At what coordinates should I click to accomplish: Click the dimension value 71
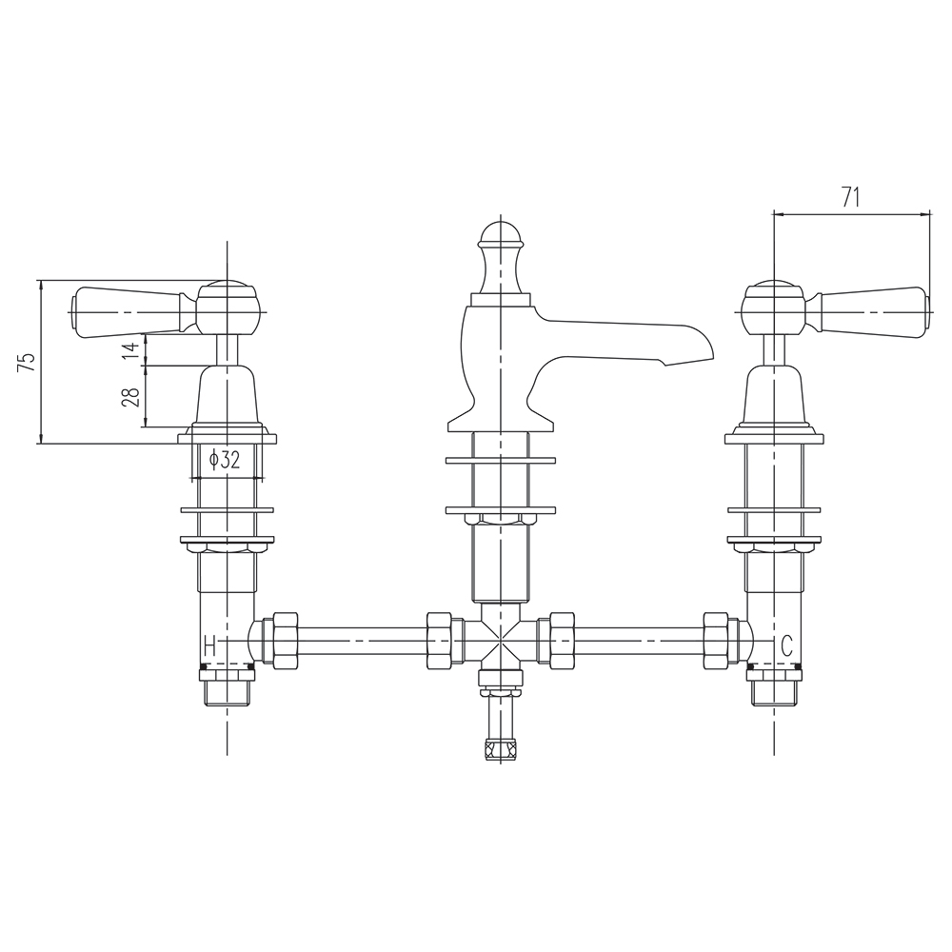click(851, 197)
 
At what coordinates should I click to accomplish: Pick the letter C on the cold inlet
click(786, 645)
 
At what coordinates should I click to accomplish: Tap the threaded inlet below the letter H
click(227, 687)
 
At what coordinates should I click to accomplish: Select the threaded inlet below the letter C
click(772, 687)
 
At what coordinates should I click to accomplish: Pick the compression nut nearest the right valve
click(716, 639)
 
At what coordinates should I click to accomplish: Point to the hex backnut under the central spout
click(499, 519)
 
